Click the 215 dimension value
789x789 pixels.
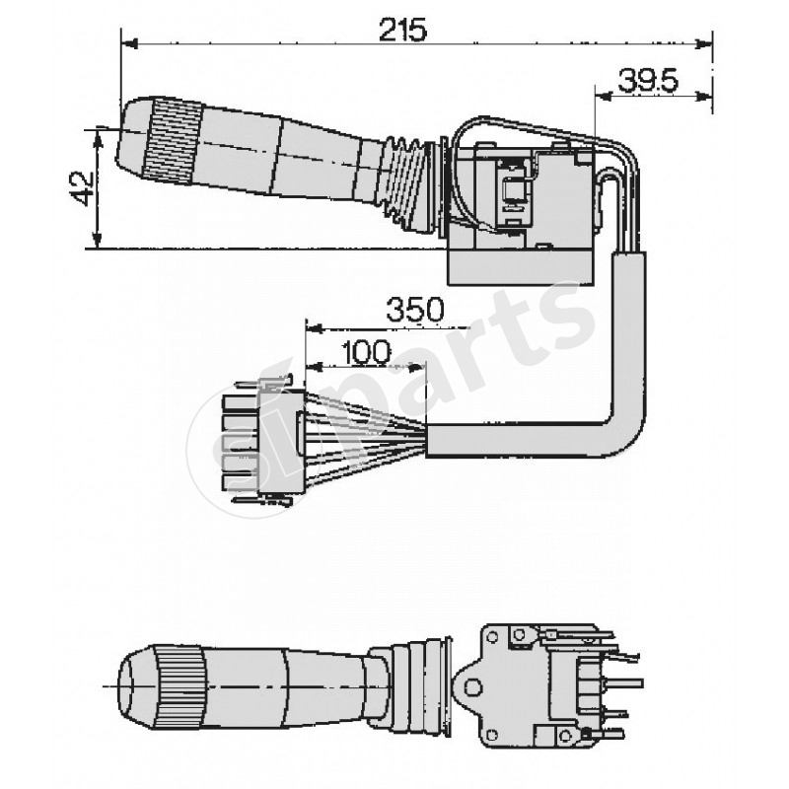tap(401, 30)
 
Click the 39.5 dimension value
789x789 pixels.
tap(648, 81)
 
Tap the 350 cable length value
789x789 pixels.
tap(414, 310)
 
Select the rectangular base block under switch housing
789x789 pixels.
tap(520, 263)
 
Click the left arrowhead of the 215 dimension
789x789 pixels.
tap(126, 43)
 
